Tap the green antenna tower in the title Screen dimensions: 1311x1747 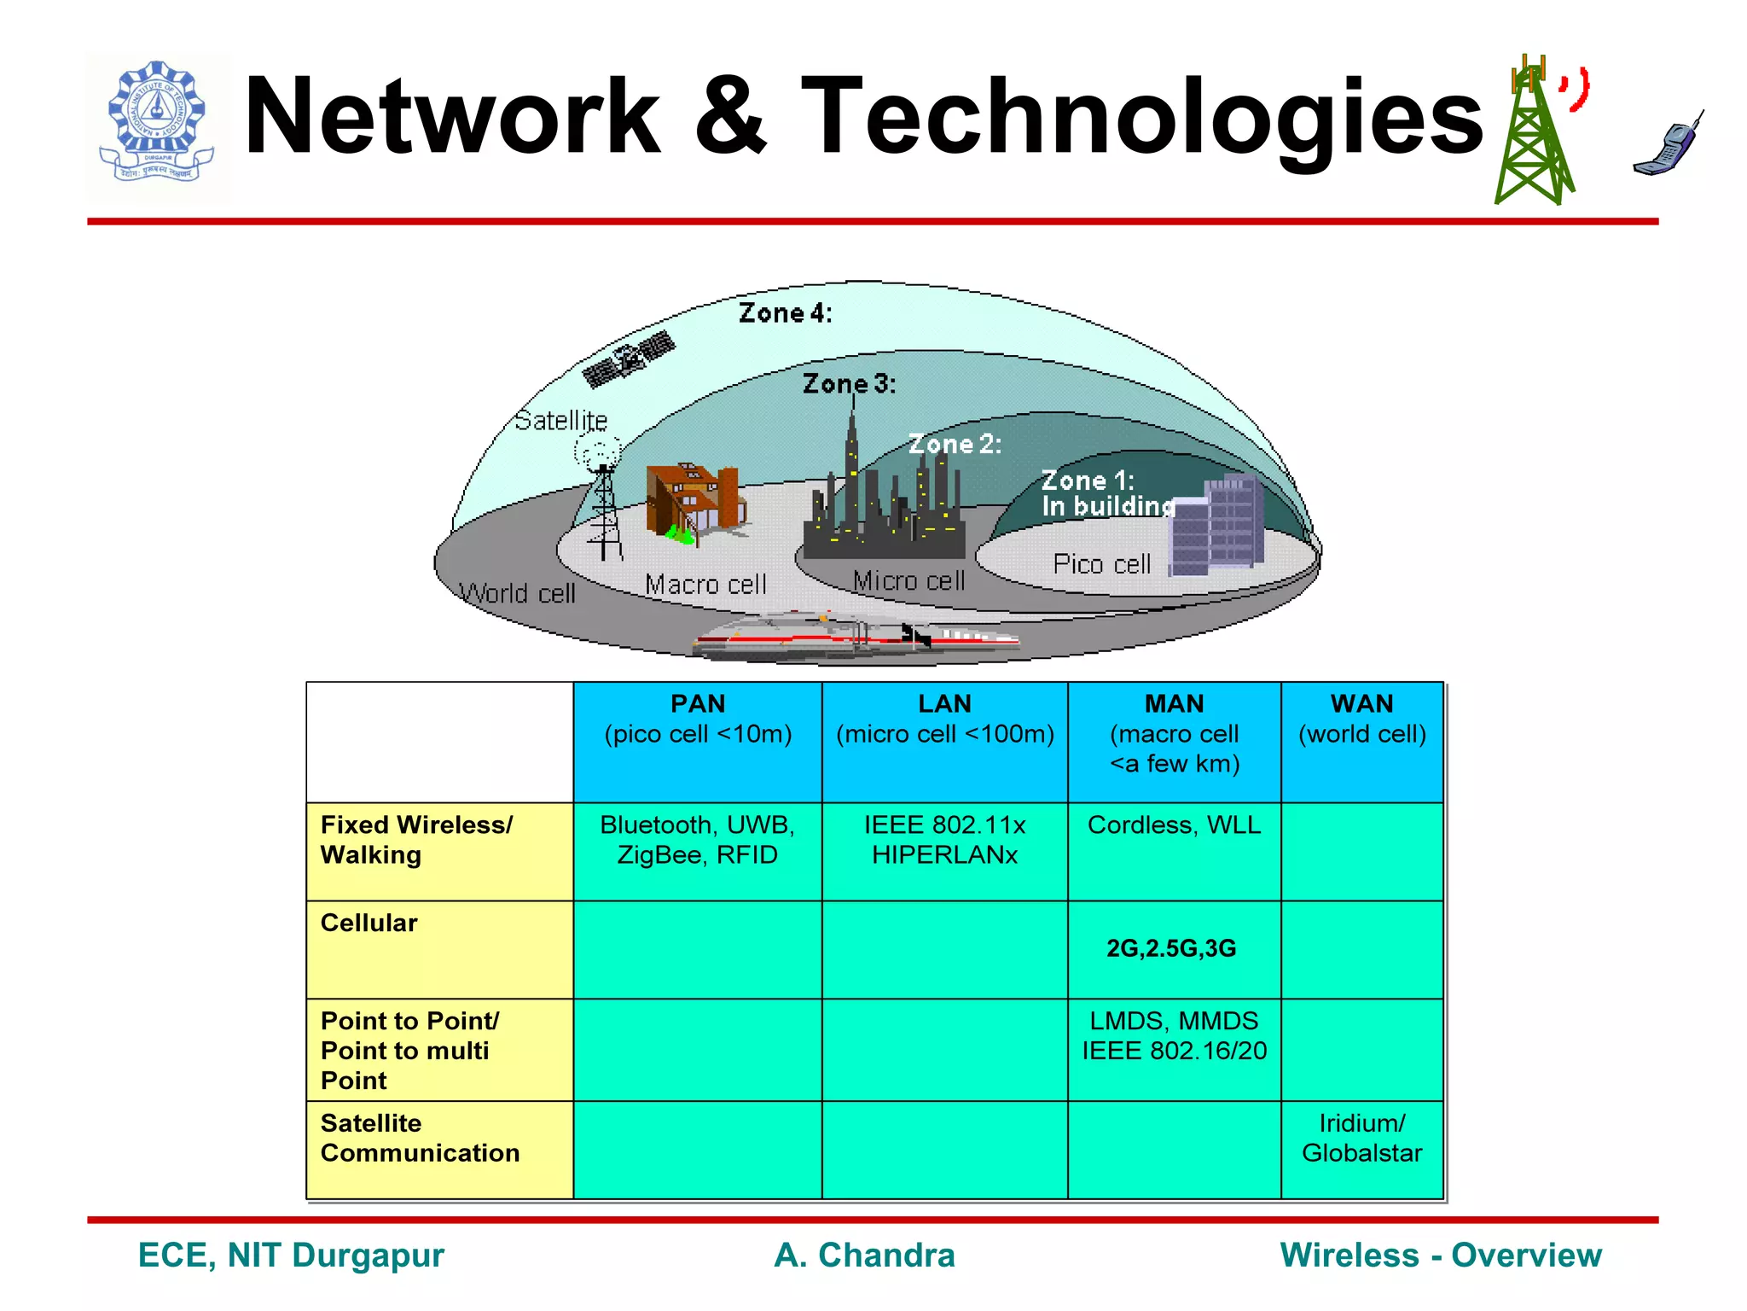click(1533, 137)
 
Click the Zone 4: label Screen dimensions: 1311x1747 click(784, 313)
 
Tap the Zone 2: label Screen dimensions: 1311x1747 click(954, 444)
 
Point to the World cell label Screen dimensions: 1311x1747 click(518, 592)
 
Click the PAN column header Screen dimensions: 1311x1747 click(697, 719)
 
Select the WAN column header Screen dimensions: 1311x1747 click(1361, 719)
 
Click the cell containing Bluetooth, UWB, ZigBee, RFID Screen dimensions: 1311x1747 click(697, 841)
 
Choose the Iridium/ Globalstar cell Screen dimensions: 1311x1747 click(1361, 1138)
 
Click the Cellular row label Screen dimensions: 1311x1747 click(369, 924)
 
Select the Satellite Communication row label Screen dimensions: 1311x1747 click(420, 1138)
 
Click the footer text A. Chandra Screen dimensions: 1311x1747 click(864, 1256)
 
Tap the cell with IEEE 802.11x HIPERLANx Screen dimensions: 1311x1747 click(944, 841)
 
